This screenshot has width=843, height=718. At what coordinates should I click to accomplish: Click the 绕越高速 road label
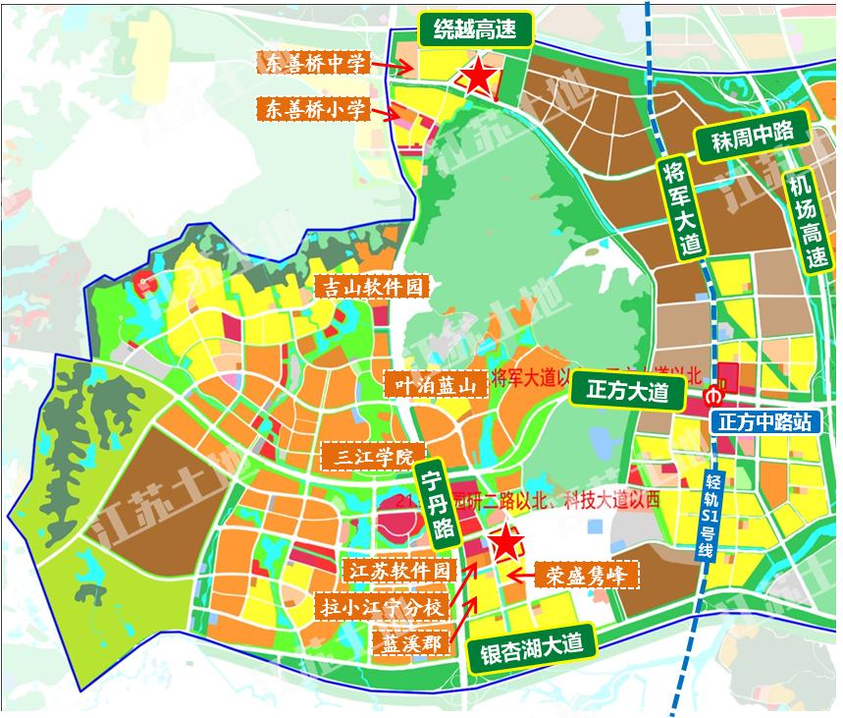(x=476, y=30)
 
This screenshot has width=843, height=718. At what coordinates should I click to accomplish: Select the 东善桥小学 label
(x=315, y=109)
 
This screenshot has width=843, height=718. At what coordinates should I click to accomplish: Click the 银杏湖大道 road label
(x=531, y=647)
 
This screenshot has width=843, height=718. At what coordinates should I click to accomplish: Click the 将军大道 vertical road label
(x=681, y=208)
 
